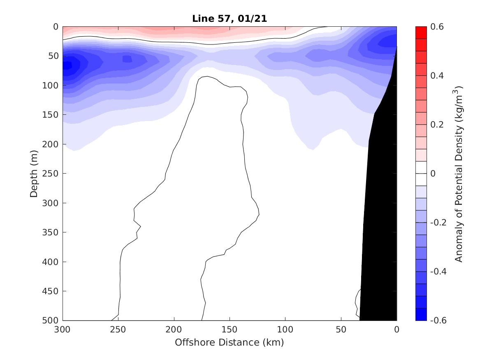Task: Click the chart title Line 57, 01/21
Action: point(229,19)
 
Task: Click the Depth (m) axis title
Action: point(34,173)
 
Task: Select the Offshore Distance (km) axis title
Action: point(229,342)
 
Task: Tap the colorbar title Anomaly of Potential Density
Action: point(459,174)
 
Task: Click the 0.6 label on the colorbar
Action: point(437,27)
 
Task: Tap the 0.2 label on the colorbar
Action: point(437,125)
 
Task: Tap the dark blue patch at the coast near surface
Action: point(389,41)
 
